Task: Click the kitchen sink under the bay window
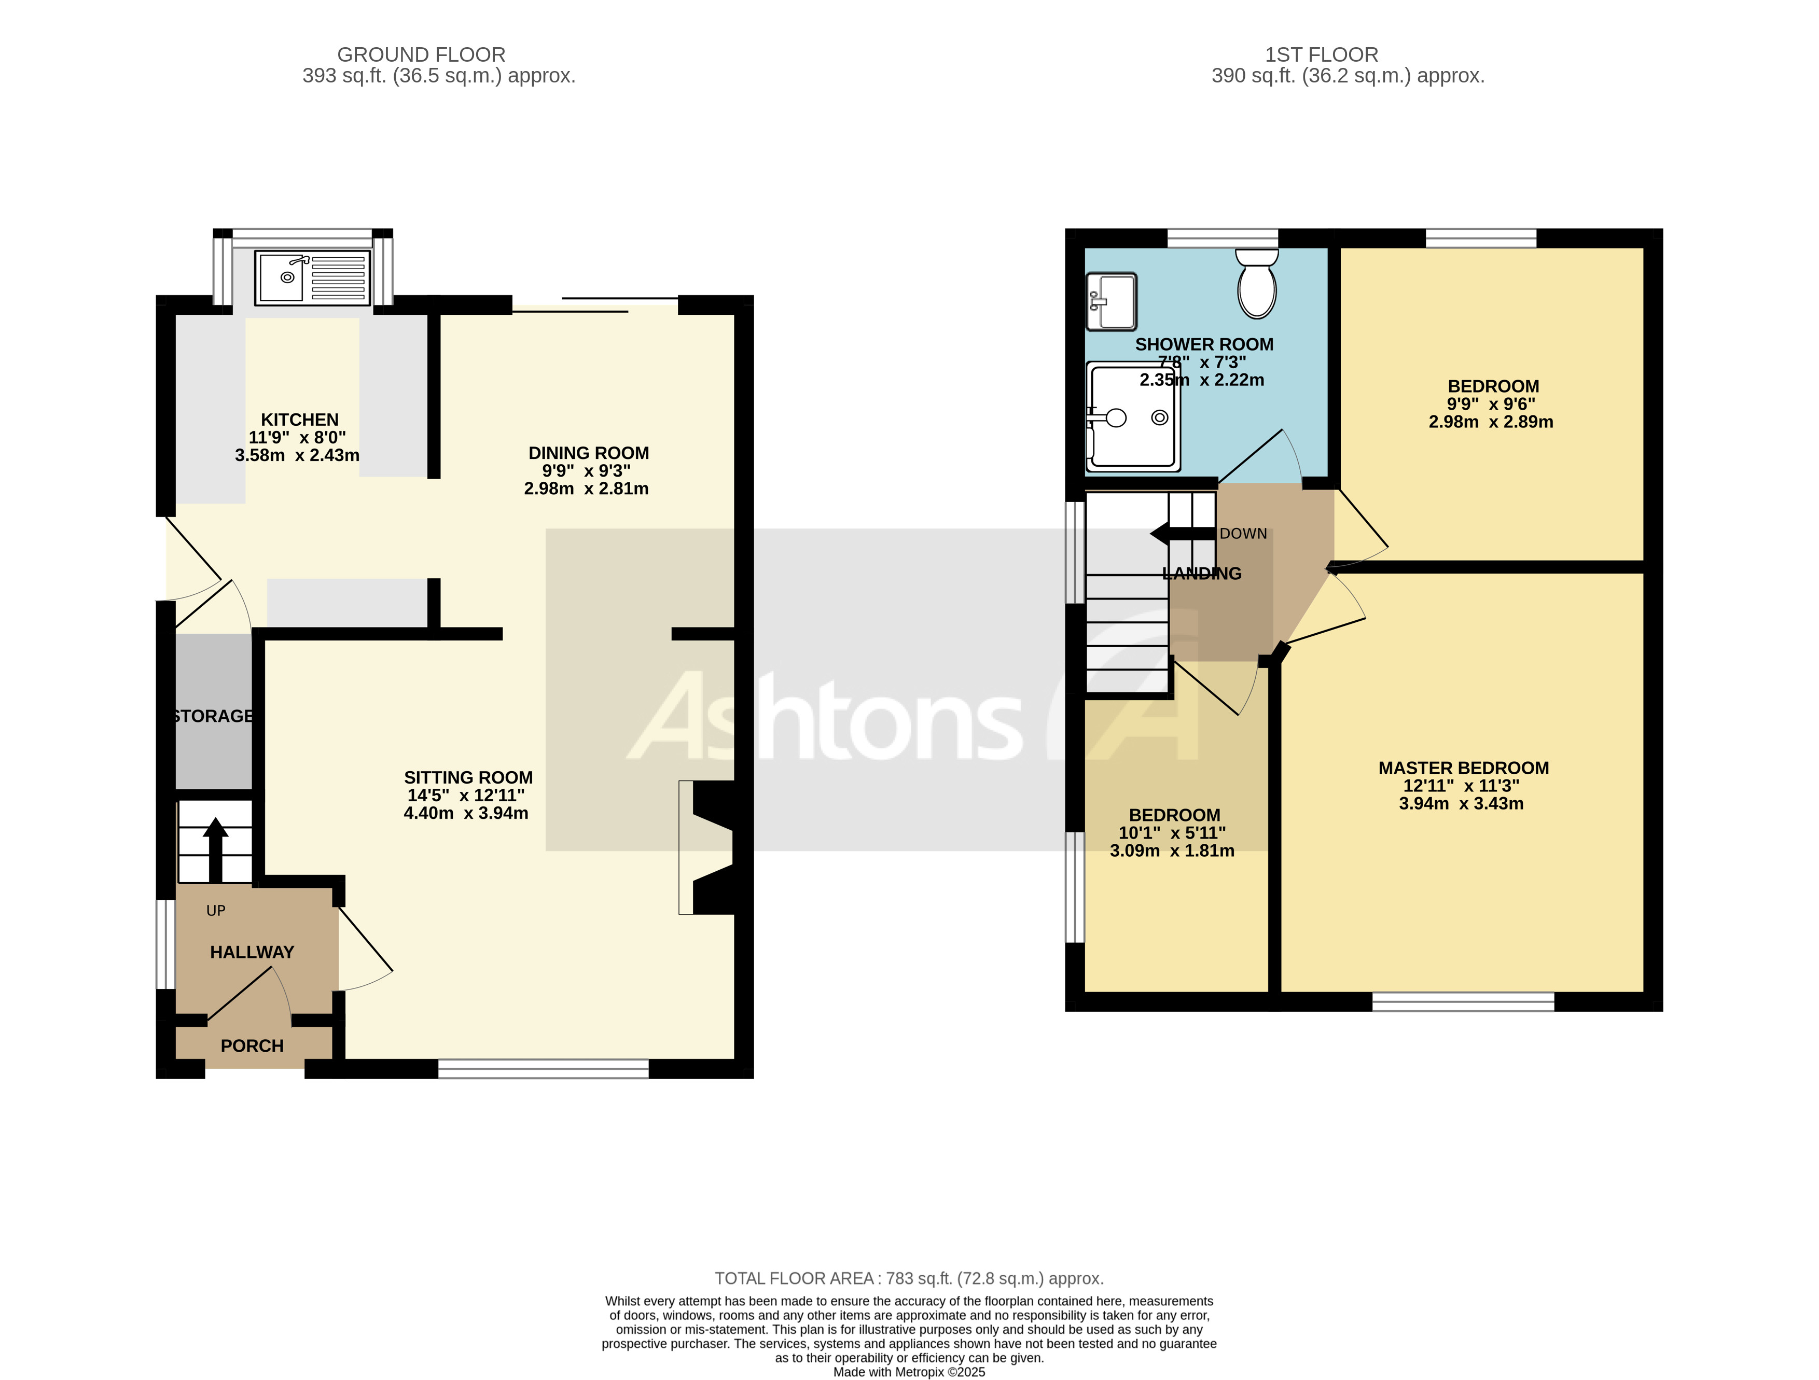pos(312,278)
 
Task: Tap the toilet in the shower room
pos(1257,284)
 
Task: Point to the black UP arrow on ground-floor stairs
pos(215,847)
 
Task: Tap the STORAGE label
pos(214,716)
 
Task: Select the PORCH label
pos(252,1046)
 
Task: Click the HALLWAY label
pos(252,952)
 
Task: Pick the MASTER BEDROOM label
pos(1463,768)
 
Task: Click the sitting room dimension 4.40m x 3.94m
pos(465,813)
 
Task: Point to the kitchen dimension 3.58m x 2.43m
pos(297,455)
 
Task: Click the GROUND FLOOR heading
pos(421,54)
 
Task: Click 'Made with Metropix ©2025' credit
pos(909,1372)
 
